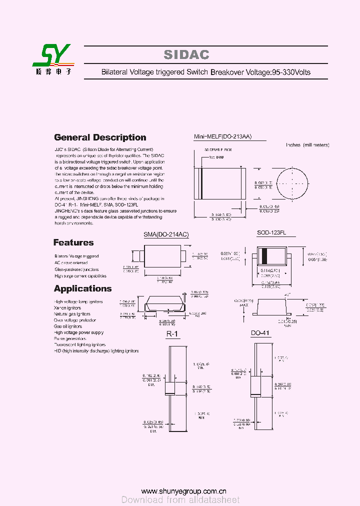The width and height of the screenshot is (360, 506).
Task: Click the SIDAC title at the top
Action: [x=186, y=55]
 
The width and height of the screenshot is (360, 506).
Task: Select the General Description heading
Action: [x=100, y=137]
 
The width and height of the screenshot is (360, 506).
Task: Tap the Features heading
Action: [x=73, y=242]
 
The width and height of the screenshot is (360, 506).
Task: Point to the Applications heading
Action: [x=82, y=288]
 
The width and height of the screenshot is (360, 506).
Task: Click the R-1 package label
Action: [x=172, y=334]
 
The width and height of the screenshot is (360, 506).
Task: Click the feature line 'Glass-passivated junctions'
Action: [x=76, y=269]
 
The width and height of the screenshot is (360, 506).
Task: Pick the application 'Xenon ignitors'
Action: [x=67, y=308]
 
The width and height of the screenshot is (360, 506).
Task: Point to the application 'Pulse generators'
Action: [x=70, y=338]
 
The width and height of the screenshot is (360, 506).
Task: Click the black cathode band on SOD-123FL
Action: [x=264, y=255]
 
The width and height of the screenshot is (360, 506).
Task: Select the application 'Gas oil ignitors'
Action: [x=68, y=326]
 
